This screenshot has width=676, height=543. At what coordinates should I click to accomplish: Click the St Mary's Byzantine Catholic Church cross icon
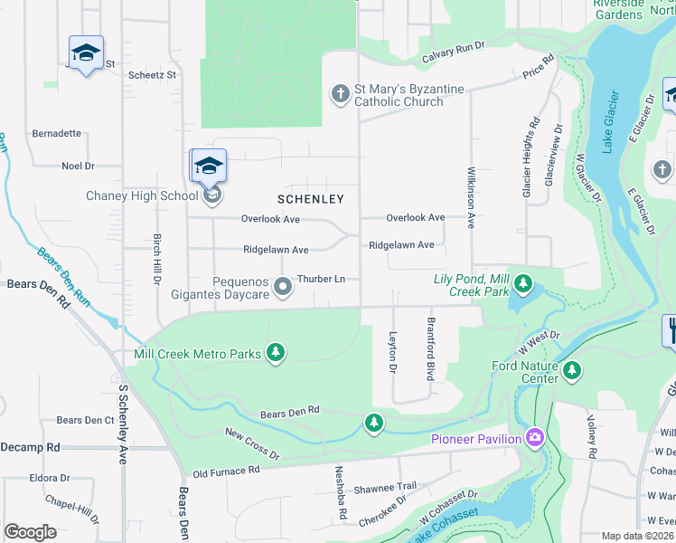(x=340, y=94)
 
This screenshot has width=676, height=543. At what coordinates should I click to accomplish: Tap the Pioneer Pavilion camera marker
(x=536, y=439)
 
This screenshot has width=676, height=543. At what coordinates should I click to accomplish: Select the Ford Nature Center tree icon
(x=571, y=370)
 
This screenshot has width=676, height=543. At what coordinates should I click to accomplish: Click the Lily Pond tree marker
(x=522, y=285)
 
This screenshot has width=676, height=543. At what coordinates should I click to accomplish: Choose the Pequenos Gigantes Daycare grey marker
(x=283, y=287)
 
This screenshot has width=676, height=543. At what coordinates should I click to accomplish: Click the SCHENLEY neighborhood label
(x=310, y=198)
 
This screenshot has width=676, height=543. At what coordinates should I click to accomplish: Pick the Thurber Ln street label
(x=322, y=279)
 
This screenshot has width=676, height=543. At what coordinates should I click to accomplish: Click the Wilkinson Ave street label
(x=470, y=196)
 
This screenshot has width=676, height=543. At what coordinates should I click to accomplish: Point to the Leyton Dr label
(x=393, y=352)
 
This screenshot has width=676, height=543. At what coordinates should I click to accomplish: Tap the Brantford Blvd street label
(x=431, y=348)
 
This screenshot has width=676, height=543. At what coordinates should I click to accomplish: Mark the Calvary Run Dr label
(x=453, y=52)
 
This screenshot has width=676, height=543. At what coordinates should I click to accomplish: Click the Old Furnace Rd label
(x=226, y=471)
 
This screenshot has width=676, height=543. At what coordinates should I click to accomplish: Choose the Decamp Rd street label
(x=30, y=447)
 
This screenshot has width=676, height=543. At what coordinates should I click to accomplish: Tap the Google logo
(x=30, y=532)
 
